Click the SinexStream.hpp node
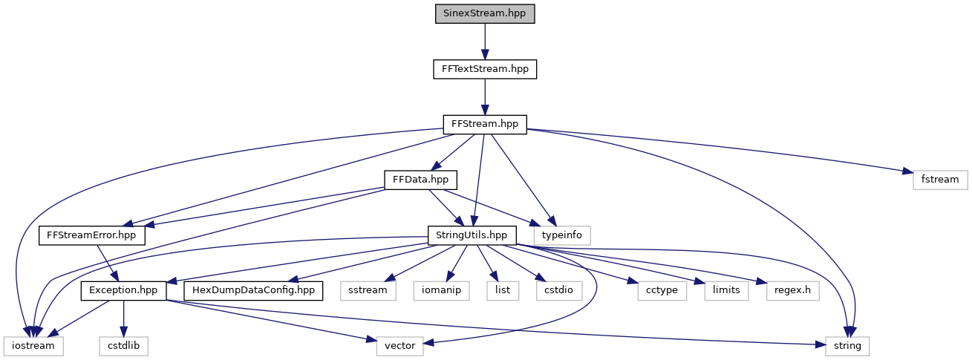click(485, 14)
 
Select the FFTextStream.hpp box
click(485, 69)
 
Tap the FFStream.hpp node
click(485, 124)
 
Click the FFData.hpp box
click(420, 179)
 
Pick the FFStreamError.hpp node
click(92, 235)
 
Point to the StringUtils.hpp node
click(472, 235)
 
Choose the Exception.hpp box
click(123, 290)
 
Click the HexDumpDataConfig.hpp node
click(254, 290)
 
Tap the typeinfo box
click(567, 235)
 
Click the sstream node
click(368, 290)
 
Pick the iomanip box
click(443, 290)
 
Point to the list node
click(503, 290)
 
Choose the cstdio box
click(558, 290)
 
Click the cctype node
click(658, 290)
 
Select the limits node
click(725, 290)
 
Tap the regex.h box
click(792, 290)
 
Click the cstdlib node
click(123, 345)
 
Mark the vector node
click(399, 345)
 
